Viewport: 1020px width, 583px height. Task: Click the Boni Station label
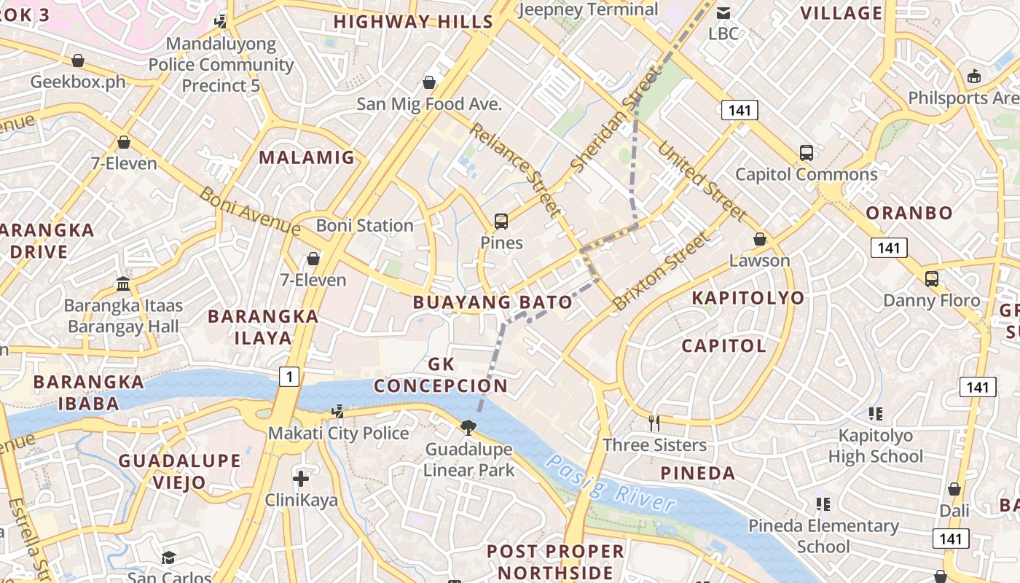(365, 226)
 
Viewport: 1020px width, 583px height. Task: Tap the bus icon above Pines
(501, 222)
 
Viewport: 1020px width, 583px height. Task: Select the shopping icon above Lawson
(760, 240)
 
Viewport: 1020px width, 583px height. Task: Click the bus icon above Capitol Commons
(806, 153)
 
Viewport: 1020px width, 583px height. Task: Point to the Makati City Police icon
(337, 412)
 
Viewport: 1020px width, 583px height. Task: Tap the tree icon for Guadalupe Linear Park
(468, 427)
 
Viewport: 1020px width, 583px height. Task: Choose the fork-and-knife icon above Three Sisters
(654, 423)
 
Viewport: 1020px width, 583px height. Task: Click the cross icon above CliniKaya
(301, 479)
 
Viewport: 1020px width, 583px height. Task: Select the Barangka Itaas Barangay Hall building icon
(123, 283)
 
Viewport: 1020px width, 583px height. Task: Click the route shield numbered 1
(289, 377)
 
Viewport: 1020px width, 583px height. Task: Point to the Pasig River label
(611, 484)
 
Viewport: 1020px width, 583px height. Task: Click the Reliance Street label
(516, 170)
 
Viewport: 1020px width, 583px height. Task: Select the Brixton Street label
(661, 271)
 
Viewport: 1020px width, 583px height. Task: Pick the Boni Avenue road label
(249, 211)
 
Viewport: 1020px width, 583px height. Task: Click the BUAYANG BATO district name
(493, 302)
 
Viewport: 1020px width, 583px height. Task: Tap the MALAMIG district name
(307, 157)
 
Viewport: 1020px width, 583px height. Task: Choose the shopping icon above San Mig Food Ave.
(429, 82)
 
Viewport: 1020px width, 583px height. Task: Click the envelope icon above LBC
(723, 12)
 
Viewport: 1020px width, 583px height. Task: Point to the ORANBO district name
(909, 214)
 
